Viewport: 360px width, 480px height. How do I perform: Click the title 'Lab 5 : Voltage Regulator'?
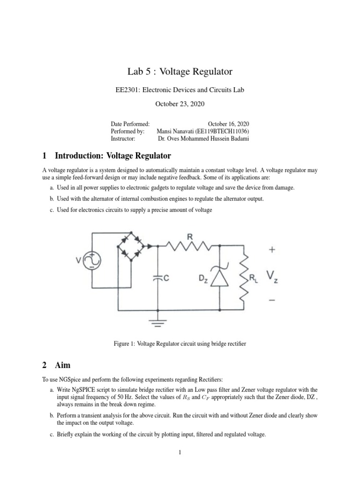pyautogui.click(x=180, y=72)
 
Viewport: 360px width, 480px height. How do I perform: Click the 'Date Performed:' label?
pyautogui.click(x=130, y=124)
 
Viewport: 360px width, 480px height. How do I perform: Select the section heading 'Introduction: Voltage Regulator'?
pyautogui.click(x=112, y=155)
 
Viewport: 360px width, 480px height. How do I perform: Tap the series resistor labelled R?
pyautogui.click(x=190, y=244)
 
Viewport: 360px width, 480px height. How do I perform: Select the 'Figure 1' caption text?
pyautogui.click(x=180, y=344)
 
